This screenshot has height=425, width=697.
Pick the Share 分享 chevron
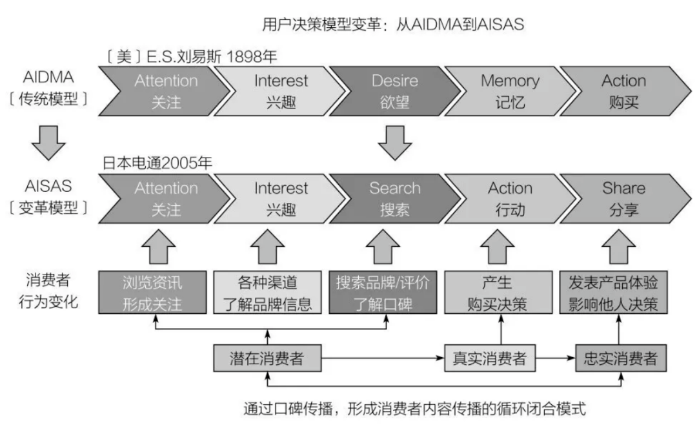pos(623,199)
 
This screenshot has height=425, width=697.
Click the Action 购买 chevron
pos(623,91)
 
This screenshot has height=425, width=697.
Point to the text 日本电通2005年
pos(157,164)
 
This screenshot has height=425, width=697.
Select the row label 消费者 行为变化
pos(50,292)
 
